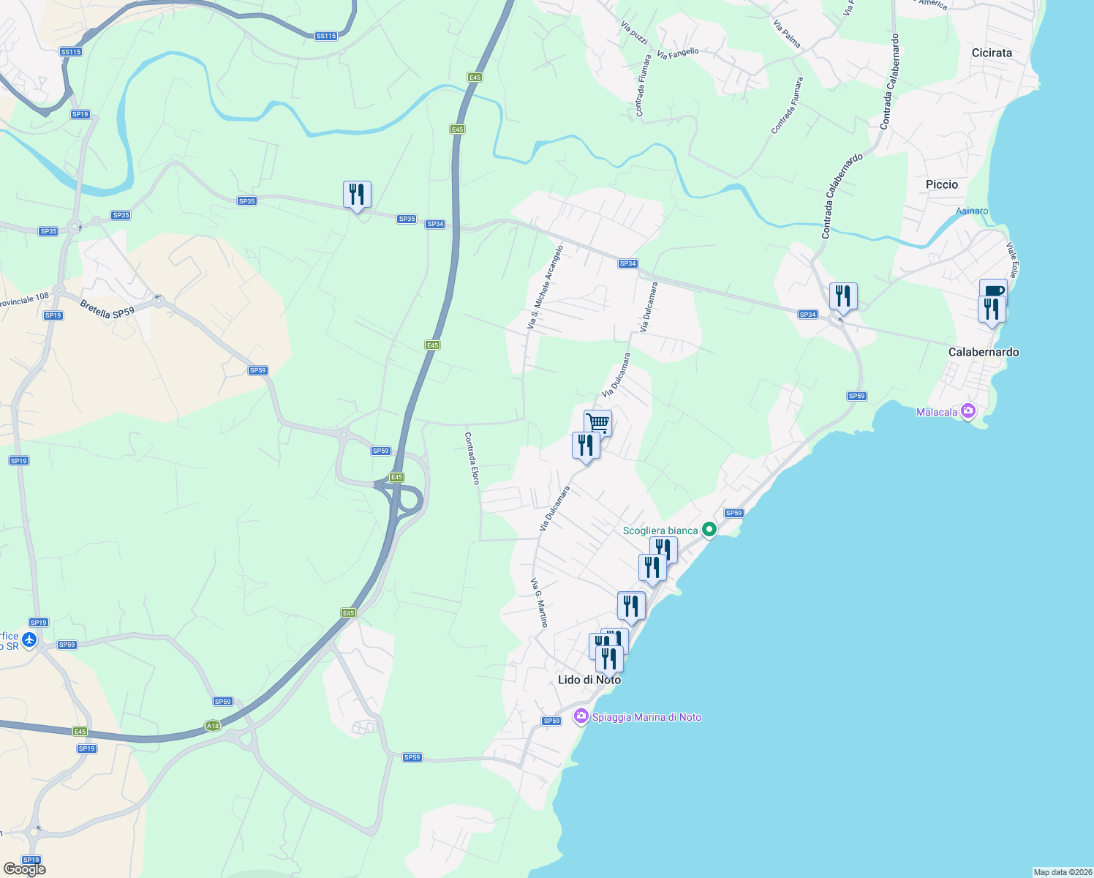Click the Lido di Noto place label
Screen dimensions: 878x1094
point(589,680)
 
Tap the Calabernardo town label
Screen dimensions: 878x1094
point(983,352)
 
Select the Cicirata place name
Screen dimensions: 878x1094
point(992,53)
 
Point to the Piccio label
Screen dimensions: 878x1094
point(941,184)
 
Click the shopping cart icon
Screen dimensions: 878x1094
point(597,422)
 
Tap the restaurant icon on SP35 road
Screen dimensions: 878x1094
point(357,195)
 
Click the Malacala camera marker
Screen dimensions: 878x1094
point(969,411)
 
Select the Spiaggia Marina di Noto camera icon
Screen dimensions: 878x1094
point(581,716)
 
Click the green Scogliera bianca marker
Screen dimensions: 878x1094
point(709,529)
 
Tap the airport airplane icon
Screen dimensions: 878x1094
point(29,640)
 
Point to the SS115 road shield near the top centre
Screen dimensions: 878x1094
point(326,36)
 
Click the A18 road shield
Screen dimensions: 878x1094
point(212,726)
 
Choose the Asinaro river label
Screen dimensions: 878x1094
point(972,211)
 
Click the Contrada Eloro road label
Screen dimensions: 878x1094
point(472,458)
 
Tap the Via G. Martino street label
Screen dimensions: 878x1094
point(539,603)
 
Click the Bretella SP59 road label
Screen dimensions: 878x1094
point(107,309)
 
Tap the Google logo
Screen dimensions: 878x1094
point(25,869)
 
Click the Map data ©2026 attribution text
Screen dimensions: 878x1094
point(1062,872)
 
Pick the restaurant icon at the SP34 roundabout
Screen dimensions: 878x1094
point(843,296)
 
